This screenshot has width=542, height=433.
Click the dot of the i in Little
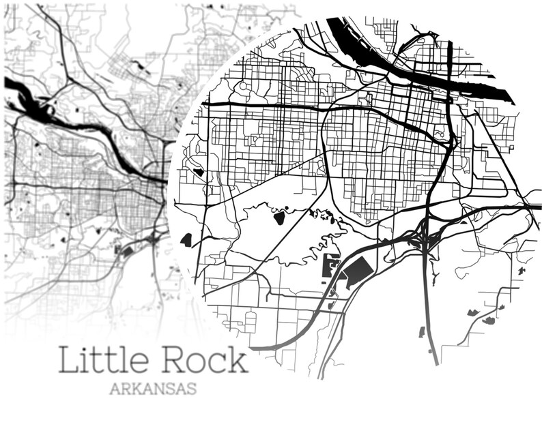pyautogui.click(x=86, y=348)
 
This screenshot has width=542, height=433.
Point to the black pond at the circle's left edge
pyautogui.click(x=186, y=239)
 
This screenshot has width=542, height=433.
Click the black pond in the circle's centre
pyautogui.click(x=279, y=218)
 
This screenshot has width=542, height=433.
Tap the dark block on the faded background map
pyautogui.click(x=125, y=252)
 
